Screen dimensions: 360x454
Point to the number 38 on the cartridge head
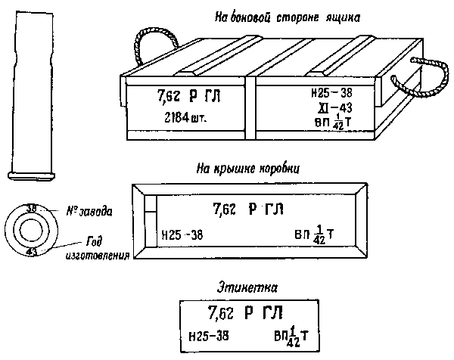click(31, 208)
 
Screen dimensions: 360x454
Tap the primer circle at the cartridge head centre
click(30, 230)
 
